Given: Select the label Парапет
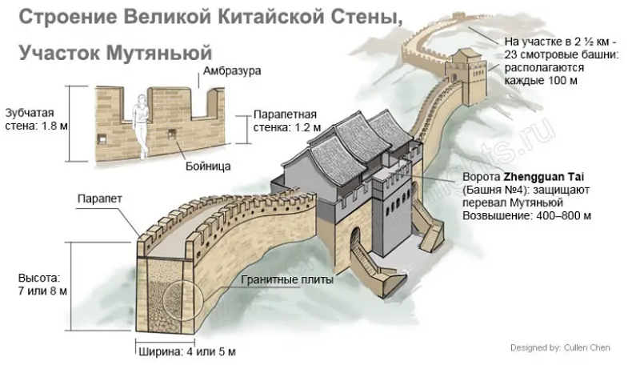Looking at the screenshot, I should [x=101, y=198].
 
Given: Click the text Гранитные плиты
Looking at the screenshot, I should [x=288, y=280].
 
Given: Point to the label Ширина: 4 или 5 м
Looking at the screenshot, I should [x=183, y=351].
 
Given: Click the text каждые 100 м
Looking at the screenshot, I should [x=540, y=81].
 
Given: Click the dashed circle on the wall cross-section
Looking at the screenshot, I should [x=182, y=303].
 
